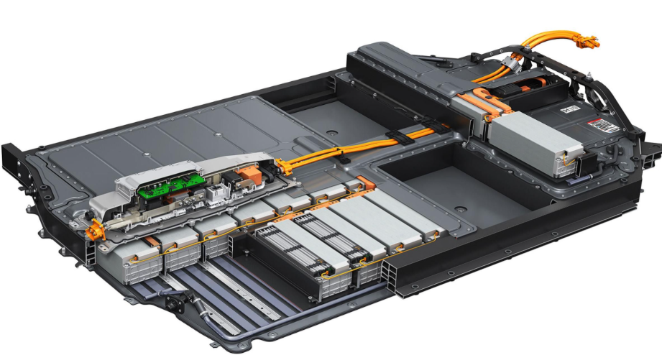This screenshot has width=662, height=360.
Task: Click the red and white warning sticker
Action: [603, 126]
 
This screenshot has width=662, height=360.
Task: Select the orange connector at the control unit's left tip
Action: [92, 231]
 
